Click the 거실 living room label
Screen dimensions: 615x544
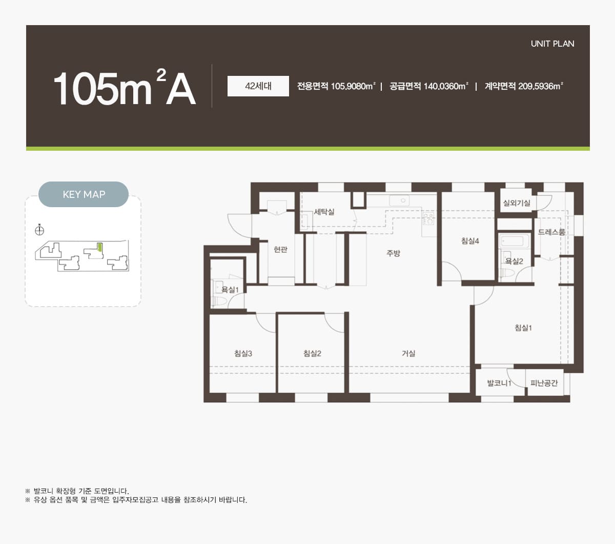tap(408, 353)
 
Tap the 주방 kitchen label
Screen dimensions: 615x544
tap(393, 253)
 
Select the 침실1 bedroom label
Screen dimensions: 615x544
tap(523, 328)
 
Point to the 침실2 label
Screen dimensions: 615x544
tap(312, 353)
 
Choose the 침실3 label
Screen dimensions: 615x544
tap(243, 353)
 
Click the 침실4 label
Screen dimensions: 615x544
tap(470, 241)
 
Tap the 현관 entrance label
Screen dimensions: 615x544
tap(280, 249)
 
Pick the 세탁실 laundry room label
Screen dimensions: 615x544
tap(324, 212)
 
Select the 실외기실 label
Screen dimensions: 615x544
tap(517, 203)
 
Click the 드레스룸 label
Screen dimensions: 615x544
tap(551, 232)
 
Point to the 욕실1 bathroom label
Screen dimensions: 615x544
tap(230, 290)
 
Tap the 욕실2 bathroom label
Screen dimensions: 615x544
tap(514, 261)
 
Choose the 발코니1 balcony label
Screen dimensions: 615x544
tap(499, 383)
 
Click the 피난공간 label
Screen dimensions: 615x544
tap(544, 383)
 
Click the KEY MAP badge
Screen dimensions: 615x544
tap(84, 194)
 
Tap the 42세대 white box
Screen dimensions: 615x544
tap(258, 86)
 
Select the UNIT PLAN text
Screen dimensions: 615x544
tap(552, 44)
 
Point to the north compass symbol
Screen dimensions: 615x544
tap(39, 230)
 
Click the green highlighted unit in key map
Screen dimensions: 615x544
tap(99, 247)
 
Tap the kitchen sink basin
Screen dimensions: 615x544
tap(399, 200)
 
